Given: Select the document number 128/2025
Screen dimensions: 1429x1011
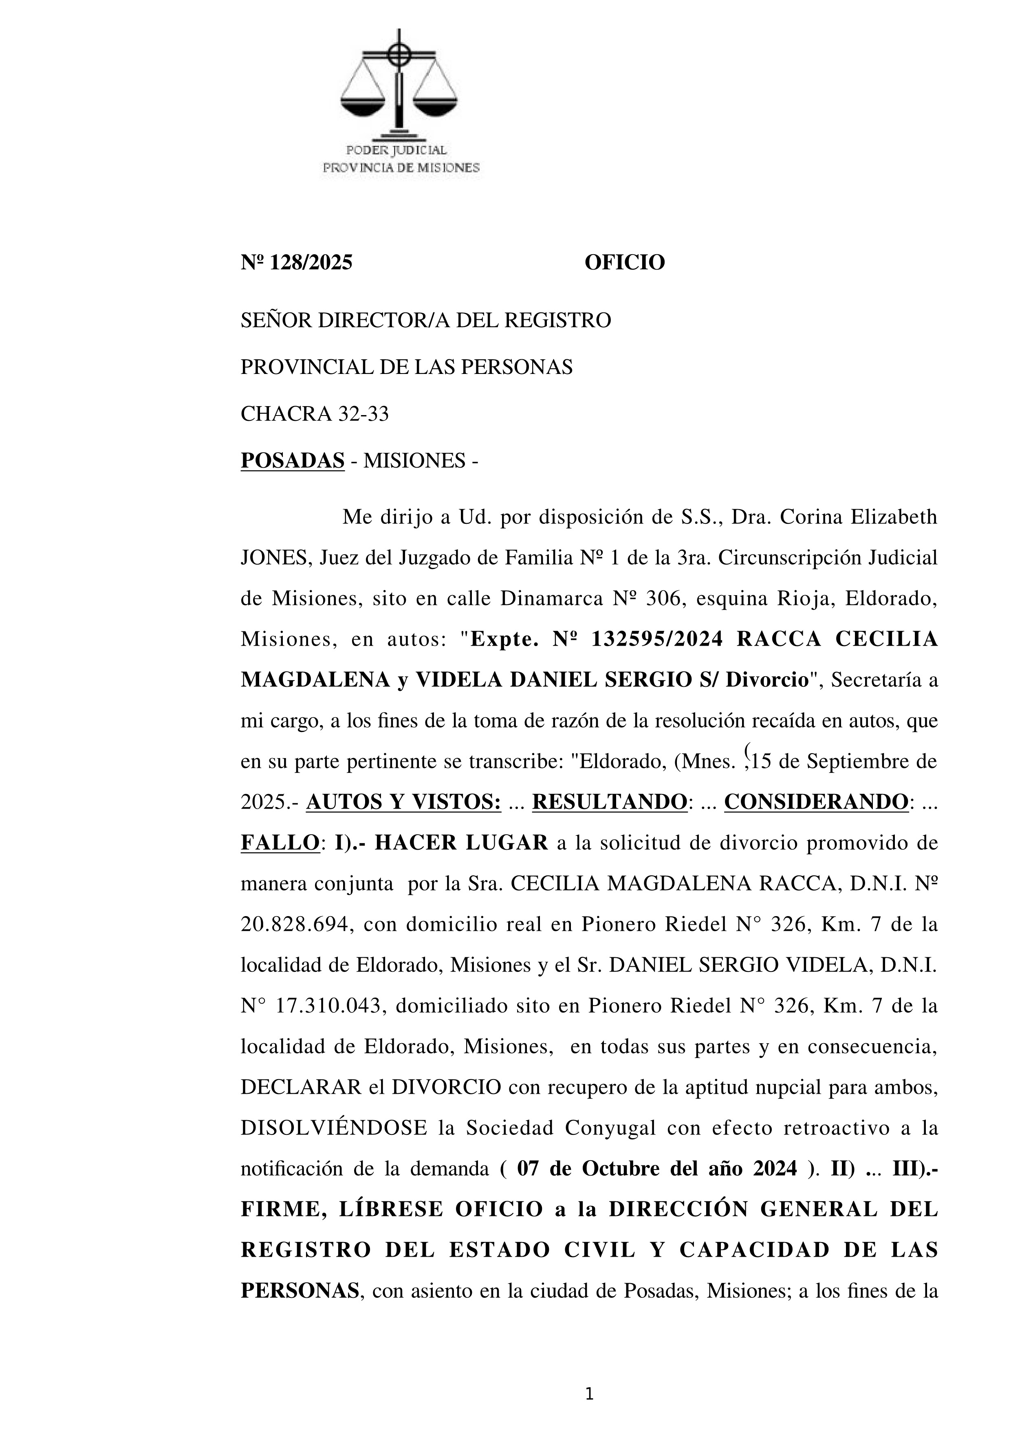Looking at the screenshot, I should pos(310,263).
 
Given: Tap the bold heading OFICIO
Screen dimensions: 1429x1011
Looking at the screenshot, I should pos(624,263).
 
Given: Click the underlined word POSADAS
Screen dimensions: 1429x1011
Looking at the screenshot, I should pos(293,461).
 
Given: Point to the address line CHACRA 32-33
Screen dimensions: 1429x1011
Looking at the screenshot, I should pos(314,414).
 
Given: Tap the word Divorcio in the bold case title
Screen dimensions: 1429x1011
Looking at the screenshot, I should pos(767,680).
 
